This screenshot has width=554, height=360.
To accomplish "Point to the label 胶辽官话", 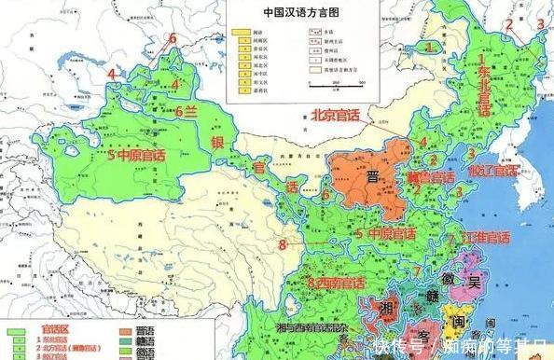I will pyautogui.click(x=492, y=171).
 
